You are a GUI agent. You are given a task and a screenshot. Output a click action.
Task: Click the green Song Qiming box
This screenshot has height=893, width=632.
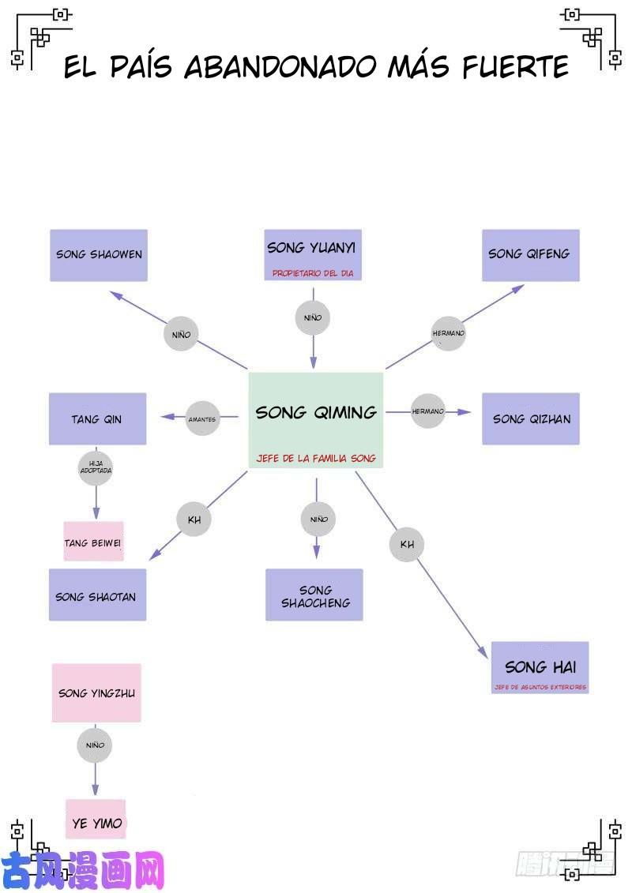(x=316, y=420)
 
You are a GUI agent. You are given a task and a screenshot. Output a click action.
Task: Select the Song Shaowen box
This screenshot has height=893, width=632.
(x=99, y=255)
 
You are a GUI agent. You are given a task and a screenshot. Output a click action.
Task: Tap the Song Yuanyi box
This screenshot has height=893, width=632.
(x=312, y=255)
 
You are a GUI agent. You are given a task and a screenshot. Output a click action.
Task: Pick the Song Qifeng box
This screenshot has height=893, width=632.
(x=530, y=255)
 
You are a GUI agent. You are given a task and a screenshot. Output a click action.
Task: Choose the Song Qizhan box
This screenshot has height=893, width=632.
(x=530, y=418)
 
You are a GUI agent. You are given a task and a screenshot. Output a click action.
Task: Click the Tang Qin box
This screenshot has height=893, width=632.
(x=97, y=418)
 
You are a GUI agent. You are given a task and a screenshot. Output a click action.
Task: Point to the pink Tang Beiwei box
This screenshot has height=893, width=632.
(x=93, y=542)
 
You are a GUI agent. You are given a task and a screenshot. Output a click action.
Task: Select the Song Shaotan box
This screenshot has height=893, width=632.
(x=97, y=595)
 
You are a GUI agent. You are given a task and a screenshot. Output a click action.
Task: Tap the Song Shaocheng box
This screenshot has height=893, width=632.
(x=314, y=595)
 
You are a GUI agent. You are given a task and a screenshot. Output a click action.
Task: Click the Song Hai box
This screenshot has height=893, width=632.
(x=540, y=667)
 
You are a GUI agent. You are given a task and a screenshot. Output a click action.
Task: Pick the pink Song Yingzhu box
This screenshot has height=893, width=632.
(x=96, y=692)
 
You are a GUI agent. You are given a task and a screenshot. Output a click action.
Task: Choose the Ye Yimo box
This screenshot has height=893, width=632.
(x=96, y=822)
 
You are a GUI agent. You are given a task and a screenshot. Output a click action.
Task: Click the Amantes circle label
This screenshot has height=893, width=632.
(x=202, y=419)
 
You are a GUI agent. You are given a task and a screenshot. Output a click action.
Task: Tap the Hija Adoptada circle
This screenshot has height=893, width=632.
(x=96, y=467)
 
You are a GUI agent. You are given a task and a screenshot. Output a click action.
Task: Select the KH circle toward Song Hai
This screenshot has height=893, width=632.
(x=407, y=544)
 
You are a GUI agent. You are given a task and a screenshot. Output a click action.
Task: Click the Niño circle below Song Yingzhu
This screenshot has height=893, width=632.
(x=95, y=745)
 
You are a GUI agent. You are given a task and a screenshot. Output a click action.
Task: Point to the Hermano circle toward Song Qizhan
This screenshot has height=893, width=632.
(x=428, y=411)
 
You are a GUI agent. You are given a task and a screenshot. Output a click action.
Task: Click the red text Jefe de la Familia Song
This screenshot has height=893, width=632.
(x=316, y=459)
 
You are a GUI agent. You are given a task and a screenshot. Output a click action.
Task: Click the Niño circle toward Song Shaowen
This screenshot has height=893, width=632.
(x=181, y=334)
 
